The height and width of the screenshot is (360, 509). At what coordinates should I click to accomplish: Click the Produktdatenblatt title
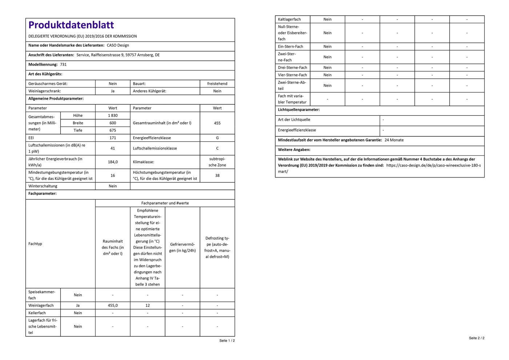click(x=71, y=25)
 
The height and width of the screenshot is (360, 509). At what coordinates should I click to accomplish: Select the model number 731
click(x=63, y=64)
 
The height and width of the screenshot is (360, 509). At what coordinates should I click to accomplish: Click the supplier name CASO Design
click(x=118, y=45)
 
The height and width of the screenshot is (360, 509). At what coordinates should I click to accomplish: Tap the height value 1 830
click(x=113, y=116)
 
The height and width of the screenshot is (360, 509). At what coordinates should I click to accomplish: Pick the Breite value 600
click(x=113, y=123)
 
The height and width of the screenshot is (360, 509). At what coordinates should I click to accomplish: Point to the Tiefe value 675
click(x=113, y=130)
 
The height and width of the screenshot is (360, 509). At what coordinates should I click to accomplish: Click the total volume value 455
click(x=217, y=123)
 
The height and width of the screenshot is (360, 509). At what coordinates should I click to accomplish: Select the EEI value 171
click(x=113, y=138)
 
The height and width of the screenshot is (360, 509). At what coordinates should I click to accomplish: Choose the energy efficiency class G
click(x=217, y=138)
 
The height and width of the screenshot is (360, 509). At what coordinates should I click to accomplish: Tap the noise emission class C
click(x=217, y=148)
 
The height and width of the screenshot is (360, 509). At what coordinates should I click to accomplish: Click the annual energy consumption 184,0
click(x=113, y=162)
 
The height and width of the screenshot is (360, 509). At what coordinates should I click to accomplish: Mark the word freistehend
click(x=217, y=84)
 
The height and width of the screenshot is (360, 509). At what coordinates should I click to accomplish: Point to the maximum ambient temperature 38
click(x=217, y=175)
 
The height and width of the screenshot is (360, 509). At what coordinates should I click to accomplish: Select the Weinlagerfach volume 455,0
click(x=113, y=305)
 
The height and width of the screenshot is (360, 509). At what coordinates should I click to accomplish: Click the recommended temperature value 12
click(x=148, y=305)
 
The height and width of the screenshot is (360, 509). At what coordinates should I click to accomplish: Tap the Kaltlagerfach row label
click(x=289, y=19)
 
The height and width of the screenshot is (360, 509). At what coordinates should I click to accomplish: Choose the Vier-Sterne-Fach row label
click(x=292, y=75)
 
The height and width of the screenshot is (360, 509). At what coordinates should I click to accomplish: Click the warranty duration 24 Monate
click(x=394, y=140)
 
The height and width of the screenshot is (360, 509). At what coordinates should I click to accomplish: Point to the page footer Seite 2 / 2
click(x=476, y=338)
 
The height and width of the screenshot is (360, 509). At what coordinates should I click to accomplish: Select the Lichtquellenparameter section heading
click(x=299, y=110)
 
